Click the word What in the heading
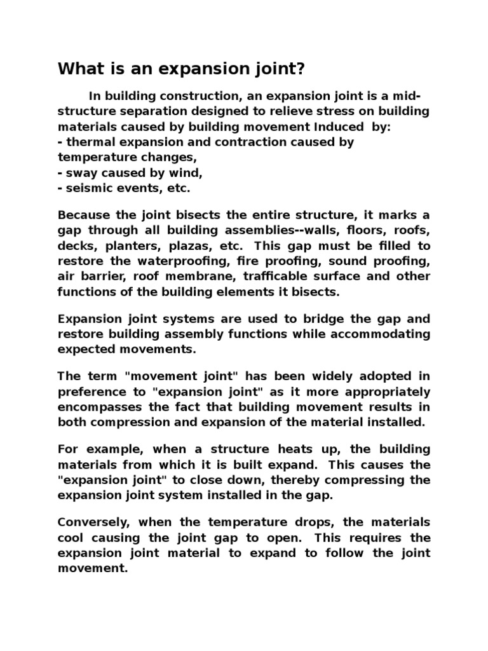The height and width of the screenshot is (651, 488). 78,69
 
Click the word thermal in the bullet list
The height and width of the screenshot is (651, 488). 89,142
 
